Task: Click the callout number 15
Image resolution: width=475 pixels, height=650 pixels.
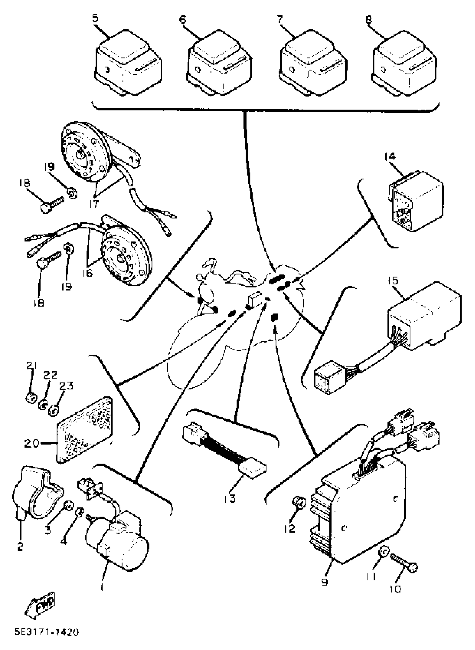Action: (x=393, y=280)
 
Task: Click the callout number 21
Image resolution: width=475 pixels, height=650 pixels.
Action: (x=32, y=366)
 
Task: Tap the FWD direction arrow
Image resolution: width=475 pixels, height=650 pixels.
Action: (x=41, y=603)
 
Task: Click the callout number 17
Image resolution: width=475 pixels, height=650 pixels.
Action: (x=94, y=203)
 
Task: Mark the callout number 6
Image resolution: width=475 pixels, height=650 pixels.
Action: (x=182, y=19)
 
